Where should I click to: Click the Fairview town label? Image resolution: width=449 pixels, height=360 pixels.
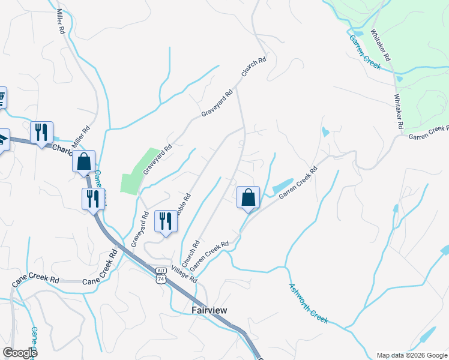click(209, 310)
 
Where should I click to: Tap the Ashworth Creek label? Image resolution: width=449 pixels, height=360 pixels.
click(309, 303)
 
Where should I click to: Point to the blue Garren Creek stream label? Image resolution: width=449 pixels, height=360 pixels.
click(365, 52)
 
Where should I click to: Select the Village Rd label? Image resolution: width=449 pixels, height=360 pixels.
click(184, 275)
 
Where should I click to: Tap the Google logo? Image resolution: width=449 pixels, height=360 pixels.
click(20, 353)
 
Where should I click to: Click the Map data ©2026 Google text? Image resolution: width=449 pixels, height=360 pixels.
click(411, 355)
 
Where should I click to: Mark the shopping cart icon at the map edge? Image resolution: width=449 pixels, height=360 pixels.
click(2, 97)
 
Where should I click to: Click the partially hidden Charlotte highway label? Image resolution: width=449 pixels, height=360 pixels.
click(62, 148)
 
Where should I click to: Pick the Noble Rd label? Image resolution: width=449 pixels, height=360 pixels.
click(184, 205)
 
